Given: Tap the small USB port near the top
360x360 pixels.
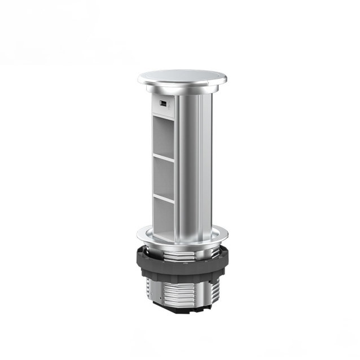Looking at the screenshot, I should click(162, 104).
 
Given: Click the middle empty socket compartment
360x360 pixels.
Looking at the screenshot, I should click(164, 175).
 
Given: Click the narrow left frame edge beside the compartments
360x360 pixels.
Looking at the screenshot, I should click(152, 169).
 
